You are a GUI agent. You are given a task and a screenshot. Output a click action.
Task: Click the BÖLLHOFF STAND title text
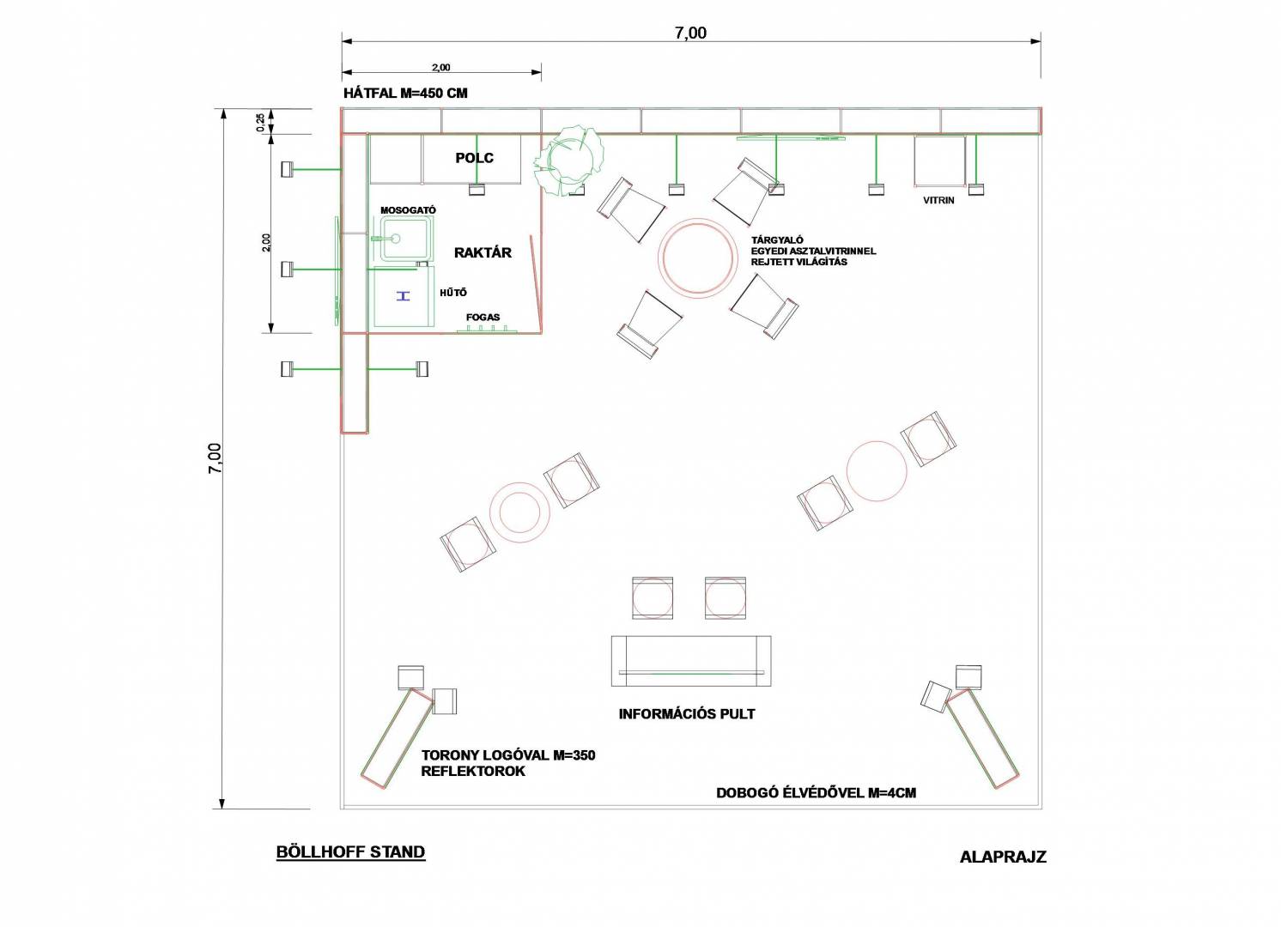pos(350,851)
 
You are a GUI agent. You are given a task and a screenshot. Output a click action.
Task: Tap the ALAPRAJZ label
pos(1003,857)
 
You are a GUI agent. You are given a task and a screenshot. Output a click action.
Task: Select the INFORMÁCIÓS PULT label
pos(687,713)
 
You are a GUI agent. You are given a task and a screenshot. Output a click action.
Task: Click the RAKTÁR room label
pos(483,252)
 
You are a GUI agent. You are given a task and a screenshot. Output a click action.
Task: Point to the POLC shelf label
pos(474,158)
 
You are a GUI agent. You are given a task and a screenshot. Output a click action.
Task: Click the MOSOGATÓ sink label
pos(409,210)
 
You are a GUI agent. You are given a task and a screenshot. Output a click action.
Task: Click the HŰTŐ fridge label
pos(453,292)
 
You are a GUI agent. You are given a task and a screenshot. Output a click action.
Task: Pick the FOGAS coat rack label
pos(483,317)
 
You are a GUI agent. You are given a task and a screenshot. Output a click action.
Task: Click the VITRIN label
pos(938,201)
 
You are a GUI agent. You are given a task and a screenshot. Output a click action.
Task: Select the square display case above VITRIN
pos(939,161)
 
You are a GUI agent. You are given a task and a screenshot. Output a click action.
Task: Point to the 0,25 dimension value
pos(261,122)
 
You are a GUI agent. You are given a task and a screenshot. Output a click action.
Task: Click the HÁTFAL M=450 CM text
pos(405,94)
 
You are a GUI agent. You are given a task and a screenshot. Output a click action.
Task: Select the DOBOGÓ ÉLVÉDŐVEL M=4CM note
pos(816,793)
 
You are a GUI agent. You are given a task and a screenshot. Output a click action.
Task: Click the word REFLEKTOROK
pos(473,772)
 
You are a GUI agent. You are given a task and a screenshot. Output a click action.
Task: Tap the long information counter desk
pos(691,661)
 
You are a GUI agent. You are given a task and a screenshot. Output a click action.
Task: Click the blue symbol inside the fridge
pos(404,295)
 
